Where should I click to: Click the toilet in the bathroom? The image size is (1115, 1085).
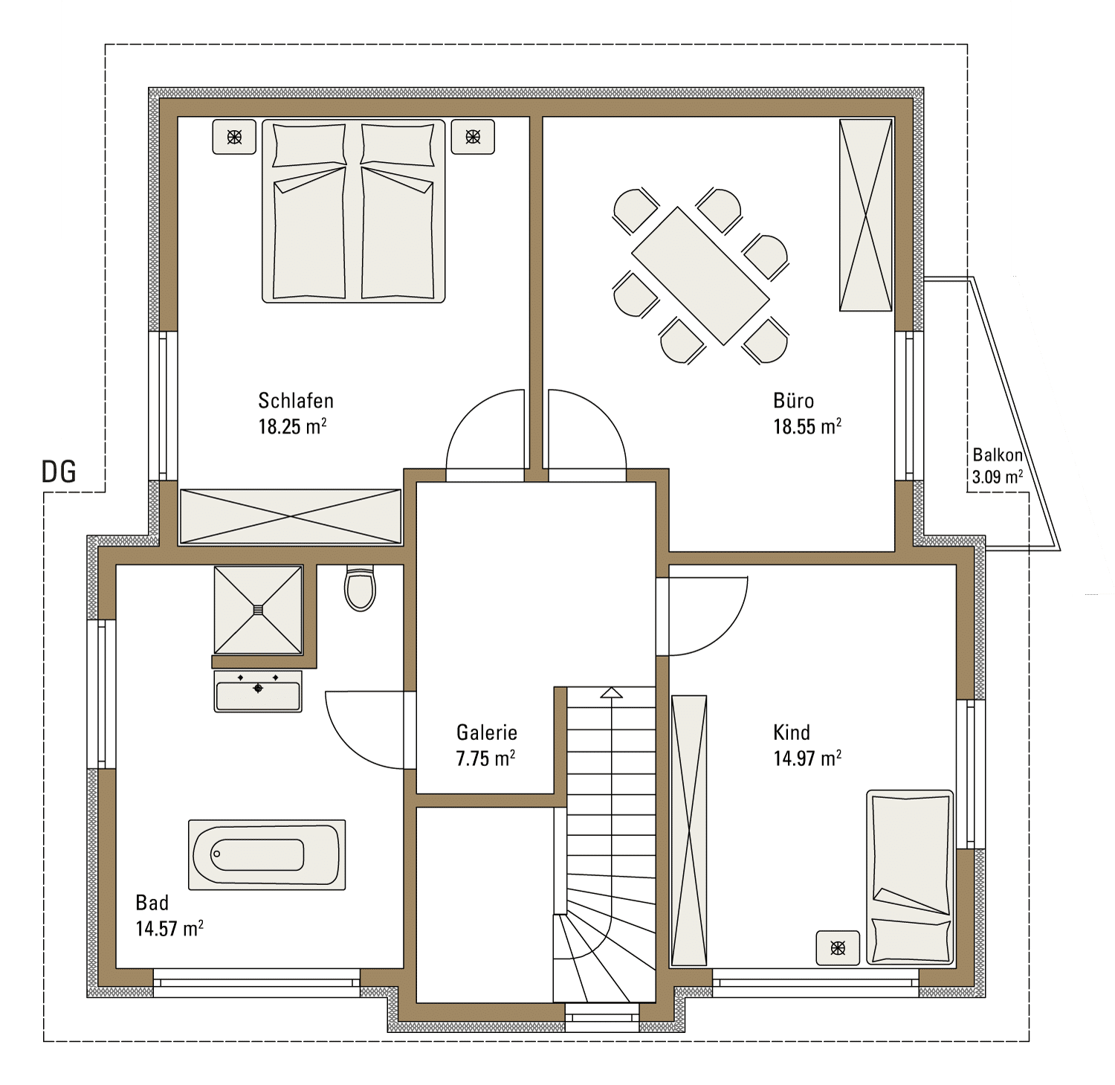point(361,588)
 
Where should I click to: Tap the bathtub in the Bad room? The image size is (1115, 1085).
point(267,854)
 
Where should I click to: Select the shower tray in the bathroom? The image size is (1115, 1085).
point(258,610)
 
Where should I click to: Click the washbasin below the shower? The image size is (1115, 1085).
point(258,692)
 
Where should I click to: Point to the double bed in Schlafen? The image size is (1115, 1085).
point(354,211)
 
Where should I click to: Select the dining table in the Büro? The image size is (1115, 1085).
point(700,276)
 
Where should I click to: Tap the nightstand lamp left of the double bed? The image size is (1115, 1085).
point(234,137)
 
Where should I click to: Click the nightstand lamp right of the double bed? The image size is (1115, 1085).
point(473,137)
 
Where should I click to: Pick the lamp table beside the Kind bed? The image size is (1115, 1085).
point(838,948)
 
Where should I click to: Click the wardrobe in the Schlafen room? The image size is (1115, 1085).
point(291,517)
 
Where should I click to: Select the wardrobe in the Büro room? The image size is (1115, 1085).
point(866,215)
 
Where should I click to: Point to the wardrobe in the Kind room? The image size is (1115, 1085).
point(689,831)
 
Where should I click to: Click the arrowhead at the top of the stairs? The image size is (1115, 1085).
point(612,693)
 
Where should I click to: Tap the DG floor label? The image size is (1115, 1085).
point(59,472)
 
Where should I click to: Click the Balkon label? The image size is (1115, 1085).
point(998,454)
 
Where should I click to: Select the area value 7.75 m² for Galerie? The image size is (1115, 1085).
point(486,759)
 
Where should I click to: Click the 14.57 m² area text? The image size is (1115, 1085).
point(169,929)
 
